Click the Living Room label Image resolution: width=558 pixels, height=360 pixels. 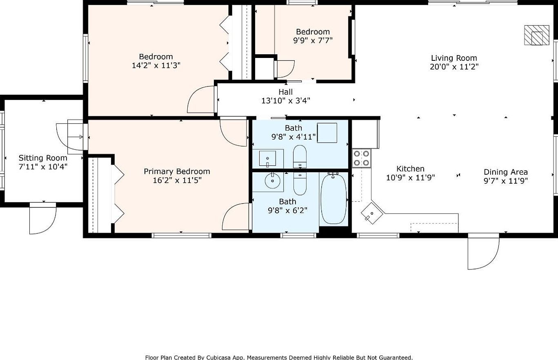click(454, 58)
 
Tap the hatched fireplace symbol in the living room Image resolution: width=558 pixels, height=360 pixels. click(537, 35)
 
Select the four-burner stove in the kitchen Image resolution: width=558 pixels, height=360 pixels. click(361, 158)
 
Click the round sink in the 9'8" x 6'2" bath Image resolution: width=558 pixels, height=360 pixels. click(271, 180)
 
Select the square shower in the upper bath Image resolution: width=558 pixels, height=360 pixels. click(327, 133)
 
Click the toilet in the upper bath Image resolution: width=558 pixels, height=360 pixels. click(300, 156)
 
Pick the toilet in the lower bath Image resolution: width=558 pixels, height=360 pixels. click(300, 184)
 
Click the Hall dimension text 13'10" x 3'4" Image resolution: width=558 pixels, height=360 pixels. click(286, 100)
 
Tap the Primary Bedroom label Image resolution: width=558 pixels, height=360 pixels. click(177, 171)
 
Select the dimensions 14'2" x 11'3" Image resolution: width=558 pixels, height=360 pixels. click(156, 65)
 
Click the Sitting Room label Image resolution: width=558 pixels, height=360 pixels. click(43, 158)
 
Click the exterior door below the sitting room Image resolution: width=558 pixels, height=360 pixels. click(42, 219)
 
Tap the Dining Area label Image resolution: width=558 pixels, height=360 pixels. click(505, 172)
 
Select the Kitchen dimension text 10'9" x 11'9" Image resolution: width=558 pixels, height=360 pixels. click(410, 178)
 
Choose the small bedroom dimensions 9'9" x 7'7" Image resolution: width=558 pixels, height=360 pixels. click(313, 40)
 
